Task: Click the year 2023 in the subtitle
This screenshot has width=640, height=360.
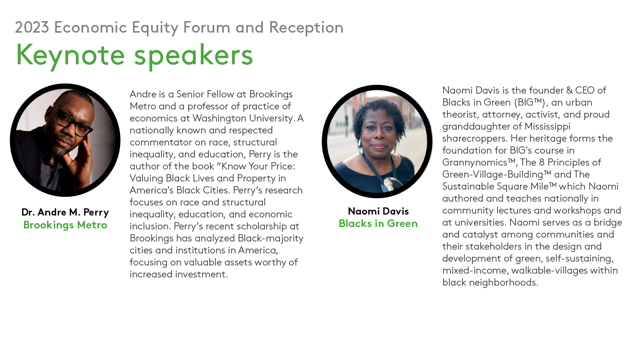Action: (x=32, y=27)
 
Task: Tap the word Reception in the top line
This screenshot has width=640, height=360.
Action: (x=306, y=28)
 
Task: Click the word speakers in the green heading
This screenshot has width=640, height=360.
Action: (x=193, y=56)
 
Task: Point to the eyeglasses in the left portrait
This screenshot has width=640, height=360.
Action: (x=72, y=120)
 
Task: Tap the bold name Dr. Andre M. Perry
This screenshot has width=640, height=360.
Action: (x=65, y=212)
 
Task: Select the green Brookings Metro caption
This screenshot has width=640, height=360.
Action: (x=65, y=225)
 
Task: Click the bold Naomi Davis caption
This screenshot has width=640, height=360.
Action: (x=378, y=211)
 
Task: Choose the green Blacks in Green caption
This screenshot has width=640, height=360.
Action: (x=378, y=223)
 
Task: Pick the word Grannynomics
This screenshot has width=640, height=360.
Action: (x=479, y=163)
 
